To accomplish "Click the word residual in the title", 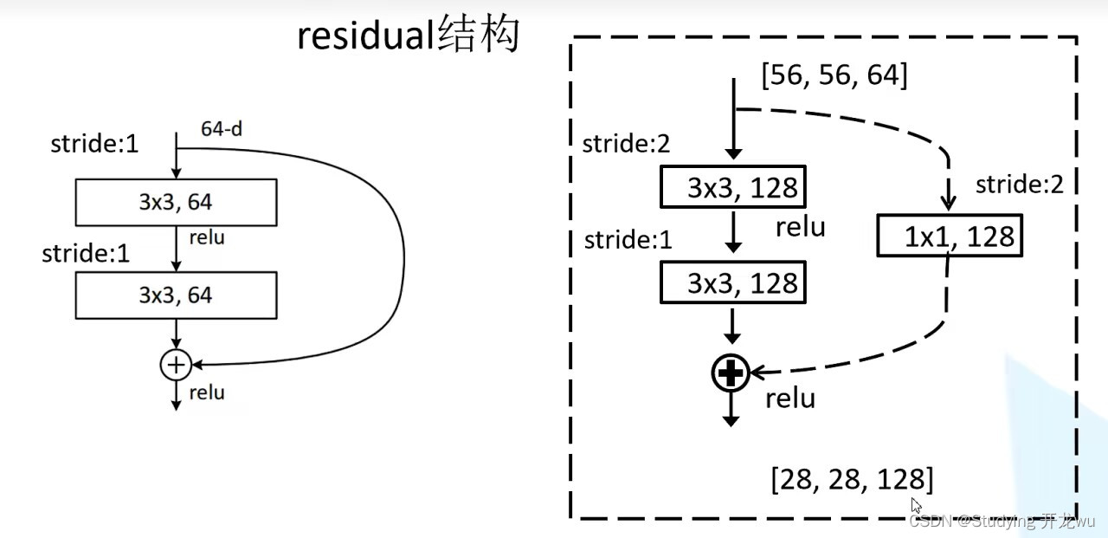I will (366, 36).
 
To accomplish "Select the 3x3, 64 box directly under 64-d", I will (176, 203).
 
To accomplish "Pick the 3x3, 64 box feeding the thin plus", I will (176, 295).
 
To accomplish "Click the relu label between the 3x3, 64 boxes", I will (205, 237).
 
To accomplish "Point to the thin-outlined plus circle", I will (176, 365).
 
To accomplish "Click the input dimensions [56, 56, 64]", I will (834, 75).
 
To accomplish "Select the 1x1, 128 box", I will (950, 237).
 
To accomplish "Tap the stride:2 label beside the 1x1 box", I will (1019, 185).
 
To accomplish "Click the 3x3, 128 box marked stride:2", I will (733, 187).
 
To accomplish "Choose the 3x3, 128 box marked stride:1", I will (733, 283).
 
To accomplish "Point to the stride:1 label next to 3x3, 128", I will (628, 239).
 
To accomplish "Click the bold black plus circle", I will (731, 373).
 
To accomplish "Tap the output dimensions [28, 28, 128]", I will (852, 479).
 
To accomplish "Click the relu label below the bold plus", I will (790, 399).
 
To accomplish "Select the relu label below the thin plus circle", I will (206, 392).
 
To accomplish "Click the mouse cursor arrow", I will (916, 505).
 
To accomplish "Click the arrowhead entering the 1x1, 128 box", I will (949, 204).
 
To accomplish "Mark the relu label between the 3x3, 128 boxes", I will (800, 228).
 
